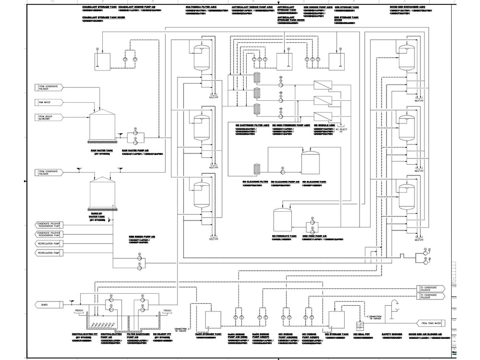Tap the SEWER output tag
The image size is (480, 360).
(48, 304)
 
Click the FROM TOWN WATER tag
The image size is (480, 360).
(432, 323)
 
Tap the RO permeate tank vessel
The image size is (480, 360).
(283, 220)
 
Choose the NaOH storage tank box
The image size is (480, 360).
(213, 319)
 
